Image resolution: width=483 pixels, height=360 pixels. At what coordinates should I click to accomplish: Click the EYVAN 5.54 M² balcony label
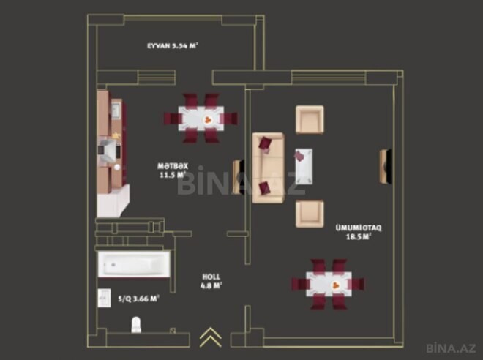click(172, 45)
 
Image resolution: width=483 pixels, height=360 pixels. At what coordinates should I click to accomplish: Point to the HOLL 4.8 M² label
click(212, 281)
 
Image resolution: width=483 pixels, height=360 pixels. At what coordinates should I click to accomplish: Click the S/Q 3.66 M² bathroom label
click(139, 298)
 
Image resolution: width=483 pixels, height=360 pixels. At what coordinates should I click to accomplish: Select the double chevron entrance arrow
click(210, 337)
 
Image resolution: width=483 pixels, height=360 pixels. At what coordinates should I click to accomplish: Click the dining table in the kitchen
click(201, 118)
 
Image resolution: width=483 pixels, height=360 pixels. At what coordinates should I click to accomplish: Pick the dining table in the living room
click(321, 282)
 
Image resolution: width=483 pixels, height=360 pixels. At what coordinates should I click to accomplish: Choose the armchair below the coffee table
click(309, 213)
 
